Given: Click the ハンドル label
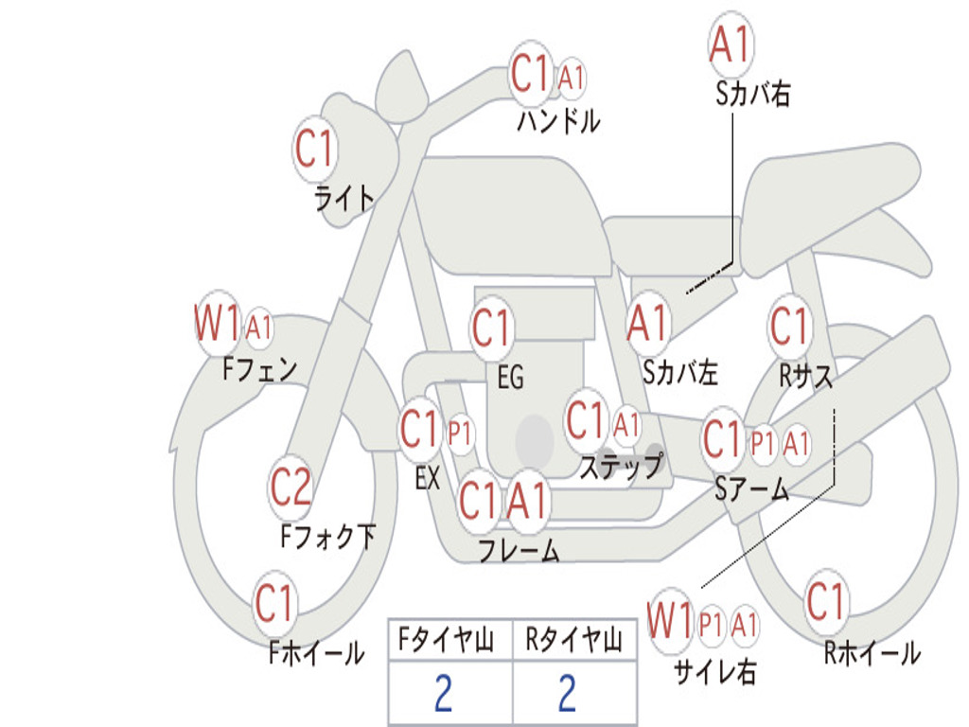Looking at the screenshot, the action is tap(558, 120).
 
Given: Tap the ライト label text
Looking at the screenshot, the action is tap(344, 199).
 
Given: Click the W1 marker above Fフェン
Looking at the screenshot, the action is tap(217, 323).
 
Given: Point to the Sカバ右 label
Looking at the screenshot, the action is tap(752, 94).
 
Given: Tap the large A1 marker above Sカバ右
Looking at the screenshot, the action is tap(731, 44).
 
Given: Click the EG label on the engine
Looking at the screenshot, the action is tap(510, 377).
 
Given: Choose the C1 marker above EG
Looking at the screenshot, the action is tap(492, 328).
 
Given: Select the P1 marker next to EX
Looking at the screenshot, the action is tap(459, 434).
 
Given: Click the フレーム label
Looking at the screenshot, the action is tap(520, 550).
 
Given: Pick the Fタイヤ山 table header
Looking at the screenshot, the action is tap(446, 639).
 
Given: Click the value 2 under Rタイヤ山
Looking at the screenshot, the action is tap(568, 693).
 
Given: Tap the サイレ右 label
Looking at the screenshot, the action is tap(715, 670).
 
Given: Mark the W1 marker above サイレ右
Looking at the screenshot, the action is tap(670, 620).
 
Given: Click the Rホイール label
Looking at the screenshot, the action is tap(872, 653).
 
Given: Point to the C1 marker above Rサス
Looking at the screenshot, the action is tap(790, 327).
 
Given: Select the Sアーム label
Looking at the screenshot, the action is tap(751, 489).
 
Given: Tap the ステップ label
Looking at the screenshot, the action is tap(621, 466).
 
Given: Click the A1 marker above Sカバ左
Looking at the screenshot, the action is tap(648, 324).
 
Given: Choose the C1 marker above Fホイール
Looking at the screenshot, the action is tap(273, 603).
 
